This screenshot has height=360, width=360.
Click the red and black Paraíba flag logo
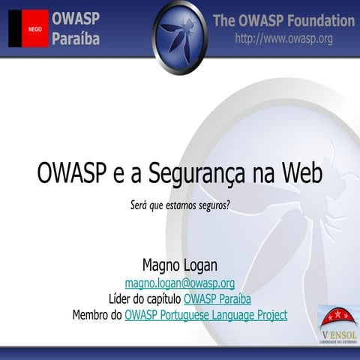(x=28, y=28)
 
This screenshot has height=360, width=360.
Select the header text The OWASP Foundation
(x=283, y=20)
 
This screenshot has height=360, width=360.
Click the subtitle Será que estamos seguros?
(x=179, y=203)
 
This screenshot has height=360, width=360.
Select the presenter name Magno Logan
(x=179, y=265)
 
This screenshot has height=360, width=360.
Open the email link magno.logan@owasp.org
(x=179, y=283)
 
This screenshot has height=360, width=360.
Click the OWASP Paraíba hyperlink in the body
(x=217, y=298)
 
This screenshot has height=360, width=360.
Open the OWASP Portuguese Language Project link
(x=205, y=315)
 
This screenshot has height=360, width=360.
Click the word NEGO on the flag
(x=34, y=29)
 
